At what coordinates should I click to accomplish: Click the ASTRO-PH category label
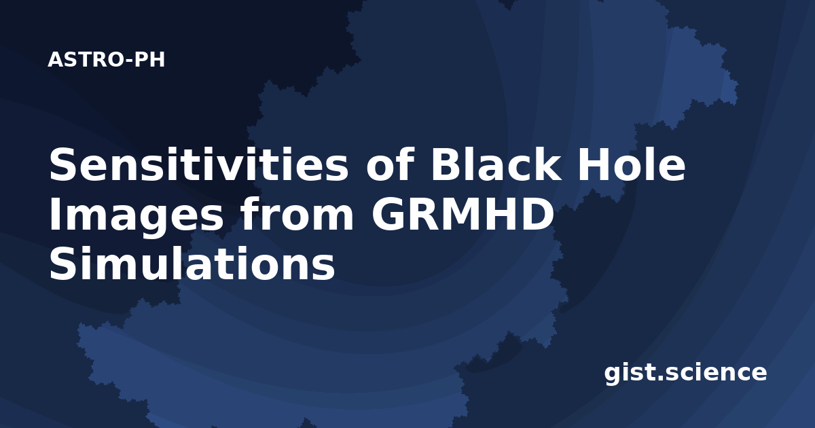106,60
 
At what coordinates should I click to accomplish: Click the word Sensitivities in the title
198,164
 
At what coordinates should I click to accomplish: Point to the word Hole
632,164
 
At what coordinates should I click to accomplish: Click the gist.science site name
685,373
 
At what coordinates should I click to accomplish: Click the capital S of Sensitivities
63,164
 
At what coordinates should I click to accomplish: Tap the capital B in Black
447,164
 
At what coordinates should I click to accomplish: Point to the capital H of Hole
594,164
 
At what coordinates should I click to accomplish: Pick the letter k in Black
547,164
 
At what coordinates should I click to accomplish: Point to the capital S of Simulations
63,264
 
